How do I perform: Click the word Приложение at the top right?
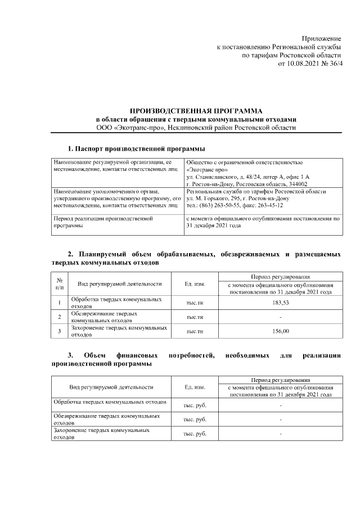coord(321,37)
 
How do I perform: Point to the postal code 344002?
coord(296,184)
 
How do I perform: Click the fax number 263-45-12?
coord(273,205)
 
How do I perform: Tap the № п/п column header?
coord(60,284)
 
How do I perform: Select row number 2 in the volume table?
coord(60,317)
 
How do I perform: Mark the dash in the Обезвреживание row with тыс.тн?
coord(281,317)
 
